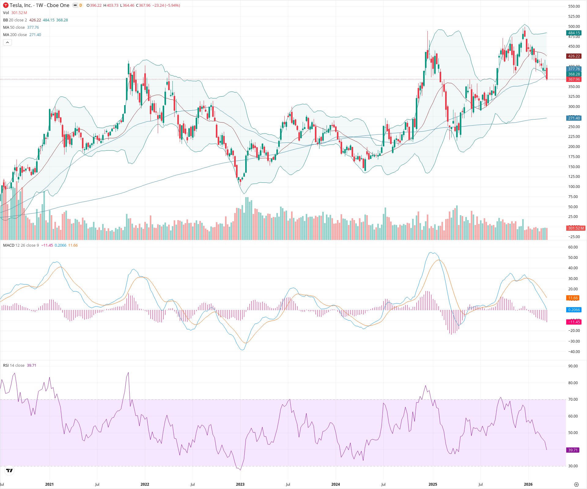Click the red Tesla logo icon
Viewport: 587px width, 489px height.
tap(6, 5)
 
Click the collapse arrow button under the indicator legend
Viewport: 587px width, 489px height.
tap(7, 42)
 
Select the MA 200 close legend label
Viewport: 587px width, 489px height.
tap(15, 35)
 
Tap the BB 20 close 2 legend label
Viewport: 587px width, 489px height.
tap(15, 20)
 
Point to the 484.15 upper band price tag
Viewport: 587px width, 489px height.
tap(574, 33)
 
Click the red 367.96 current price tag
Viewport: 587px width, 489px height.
tap(574, 79)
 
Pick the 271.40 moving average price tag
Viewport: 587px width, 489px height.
tap(574, 118)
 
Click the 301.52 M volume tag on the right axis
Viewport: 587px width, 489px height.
tap(576, 228)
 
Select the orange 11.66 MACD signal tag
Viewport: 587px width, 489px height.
tap(573, 298)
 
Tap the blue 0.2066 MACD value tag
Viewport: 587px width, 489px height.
tap(574, 310)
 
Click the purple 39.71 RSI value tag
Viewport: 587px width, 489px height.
tap(573, 450)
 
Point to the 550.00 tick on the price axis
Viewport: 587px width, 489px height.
tap(574, 6)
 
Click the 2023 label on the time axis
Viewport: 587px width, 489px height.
tap(240, 484)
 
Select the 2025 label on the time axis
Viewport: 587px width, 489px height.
tap(433, 484)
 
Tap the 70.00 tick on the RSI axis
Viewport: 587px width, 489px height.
tap(573, 399)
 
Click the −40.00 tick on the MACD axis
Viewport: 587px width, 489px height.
tap(574, 352)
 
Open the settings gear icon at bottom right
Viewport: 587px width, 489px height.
tap(576, 484)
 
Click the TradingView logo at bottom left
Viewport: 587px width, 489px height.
tap(9, 471)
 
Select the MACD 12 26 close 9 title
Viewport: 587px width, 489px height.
tap(21, 245)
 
